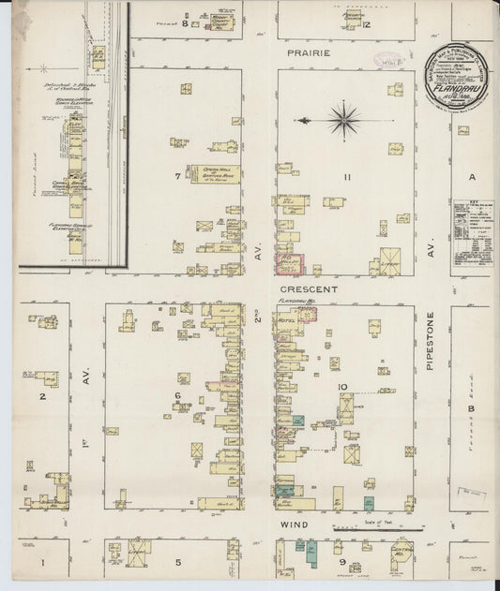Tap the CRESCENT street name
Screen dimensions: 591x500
coord(308,290)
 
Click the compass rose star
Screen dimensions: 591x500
coord(344,119)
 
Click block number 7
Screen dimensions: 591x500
coord(176,175)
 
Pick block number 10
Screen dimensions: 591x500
coord(344,386)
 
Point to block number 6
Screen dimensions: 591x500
coord(176,395)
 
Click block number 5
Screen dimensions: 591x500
coord(176,562)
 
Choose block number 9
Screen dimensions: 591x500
coord(344,562)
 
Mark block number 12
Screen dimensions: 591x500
coord(367,23)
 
